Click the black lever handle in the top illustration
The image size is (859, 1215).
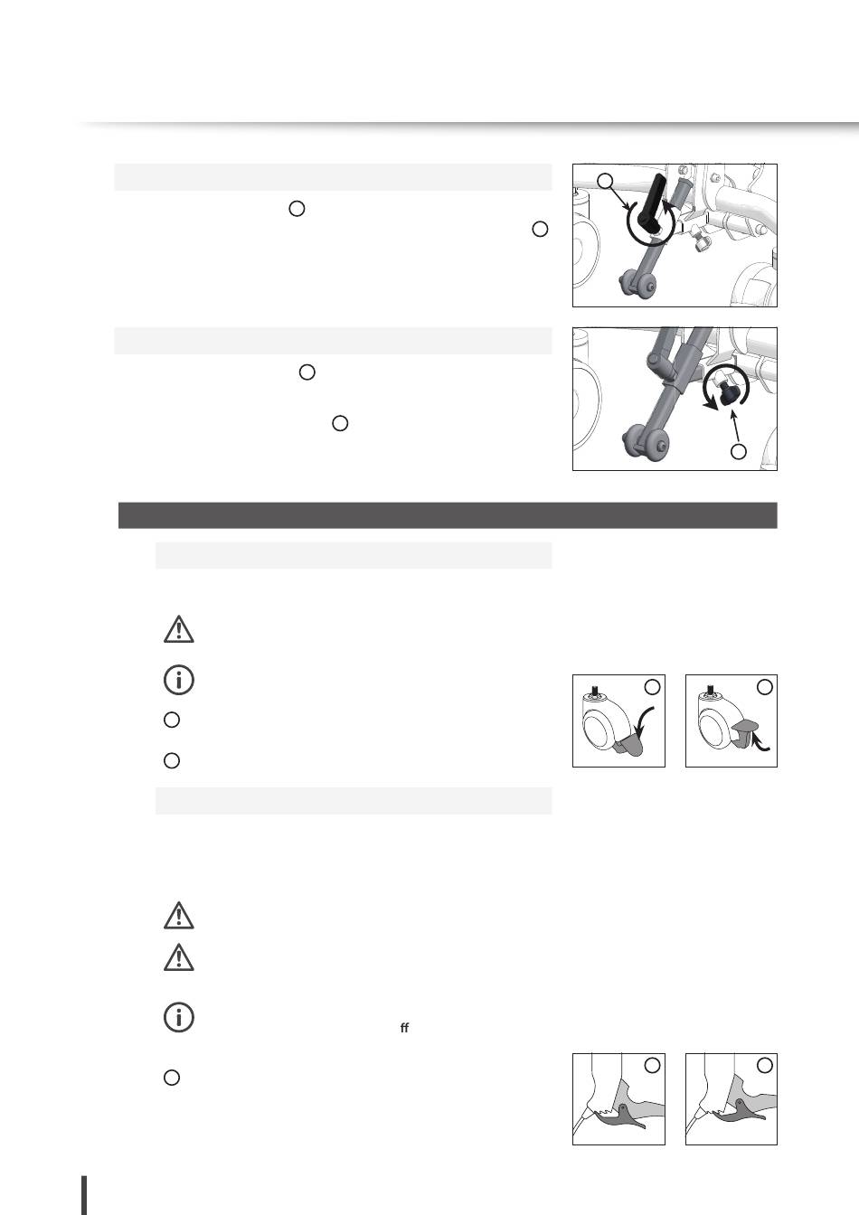652,201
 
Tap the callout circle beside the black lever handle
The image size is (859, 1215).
605,181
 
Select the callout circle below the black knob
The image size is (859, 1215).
738,451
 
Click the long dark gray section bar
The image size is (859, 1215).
448,515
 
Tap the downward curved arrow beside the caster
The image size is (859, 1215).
646,721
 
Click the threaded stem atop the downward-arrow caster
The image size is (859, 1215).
596,691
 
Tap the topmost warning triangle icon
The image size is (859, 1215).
178,629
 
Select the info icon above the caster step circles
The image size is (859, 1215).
178,680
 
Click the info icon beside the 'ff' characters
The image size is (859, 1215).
178,1017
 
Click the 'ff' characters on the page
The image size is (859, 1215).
404,1028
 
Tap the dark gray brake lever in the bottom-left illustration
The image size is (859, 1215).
621,1117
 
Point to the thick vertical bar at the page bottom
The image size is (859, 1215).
84,1195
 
